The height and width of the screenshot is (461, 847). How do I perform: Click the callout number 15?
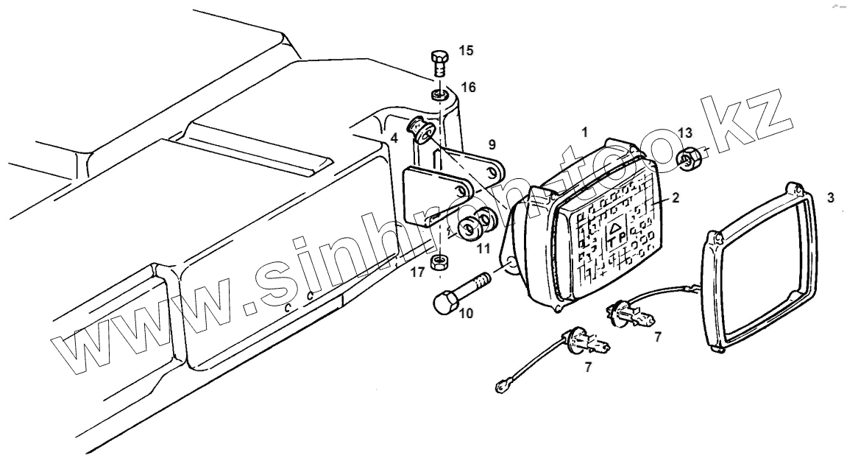tap(467, 50)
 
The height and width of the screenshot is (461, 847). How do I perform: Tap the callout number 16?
tap(468, 88)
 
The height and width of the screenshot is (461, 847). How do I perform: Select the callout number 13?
tap(685, 133)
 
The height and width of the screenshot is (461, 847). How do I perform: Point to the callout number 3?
tap(831, 198)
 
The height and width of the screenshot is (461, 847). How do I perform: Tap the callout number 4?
tap(394, 138)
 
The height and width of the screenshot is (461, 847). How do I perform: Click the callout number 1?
tap(584, 133)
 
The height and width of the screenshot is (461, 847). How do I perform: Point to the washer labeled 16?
tap(437, 96)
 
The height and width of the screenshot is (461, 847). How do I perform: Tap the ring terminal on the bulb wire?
tap(502, 383)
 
